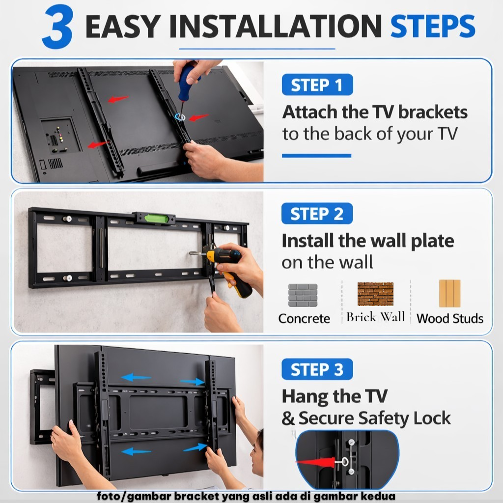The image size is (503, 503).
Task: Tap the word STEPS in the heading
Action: (x=433, y=27)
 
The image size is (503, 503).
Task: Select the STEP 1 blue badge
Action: (x=317, y=84)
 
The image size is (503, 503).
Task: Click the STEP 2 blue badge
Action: (x=317, y=214)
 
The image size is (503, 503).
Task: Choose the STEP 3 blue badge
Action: (x=317, y=369)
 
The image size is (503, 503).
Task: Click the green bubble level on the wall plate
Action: (x=156, y=219)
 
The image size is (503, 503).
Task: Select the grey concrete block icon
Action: (x=303, y=295)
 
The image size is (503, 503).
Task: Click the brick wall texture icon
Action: (x=375, y=294)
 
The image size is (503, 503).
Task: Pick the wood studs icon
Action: (x=450, y=294)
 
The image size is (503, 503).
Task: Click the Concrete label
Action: (x=304, y=318)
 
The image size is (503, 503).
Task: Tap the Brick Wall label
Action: (x=376, y=317)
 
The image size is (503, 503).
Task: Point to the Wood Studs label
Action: (x=450, y=318)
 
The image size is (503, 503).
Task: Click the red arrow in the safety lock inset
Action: (x=316, y=462)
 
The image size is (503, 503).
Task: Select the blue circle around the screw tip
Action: (x=180, y=116)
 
